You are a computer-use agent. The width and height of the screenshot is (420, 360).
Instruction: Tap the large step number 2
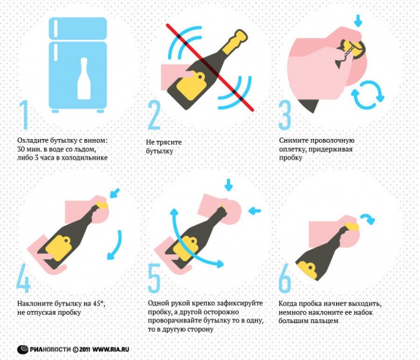click(154, 117)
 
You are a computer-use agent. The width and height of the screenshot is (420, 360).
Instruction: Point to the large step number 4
click(25, 279)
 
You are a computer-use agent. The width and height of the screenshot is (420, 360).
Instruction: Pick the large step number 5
click(154, 279)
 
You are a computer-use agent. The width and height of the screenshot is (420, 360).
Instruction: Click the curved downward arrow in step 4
click(115, 248)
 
